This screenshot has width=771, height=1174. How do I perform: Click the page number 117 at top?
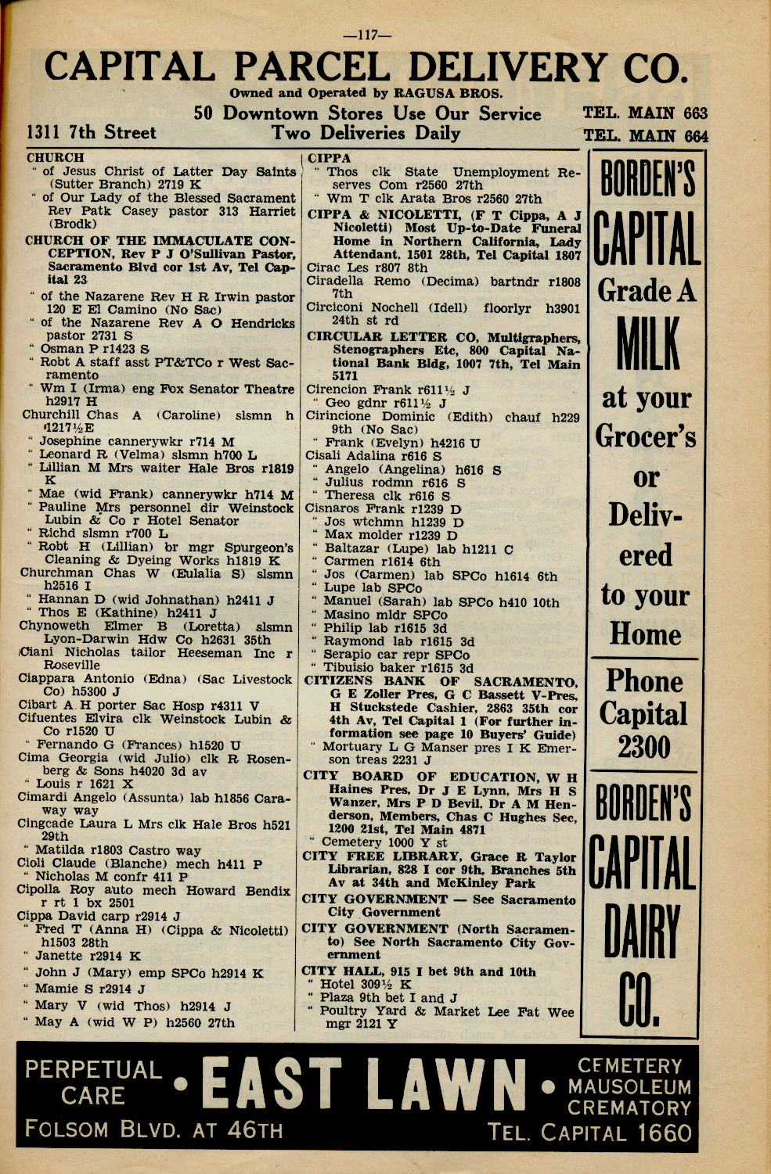point(367,34)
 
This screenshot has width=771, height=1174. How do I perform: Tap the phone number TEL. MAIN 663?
point(645,113)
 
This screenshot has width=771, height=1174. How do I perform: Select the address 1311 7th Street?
point(91,132)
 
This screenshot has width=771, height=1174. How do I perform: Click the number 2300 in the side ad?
point(643,747)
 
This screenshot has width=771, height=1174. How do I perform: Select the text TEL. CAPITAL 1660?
point(589,1133)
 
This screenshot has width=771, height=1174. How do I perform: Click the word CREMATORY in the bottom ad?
point(629,1108)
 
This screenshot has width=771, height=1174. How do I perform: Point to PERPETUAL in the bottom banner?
point(93,1069)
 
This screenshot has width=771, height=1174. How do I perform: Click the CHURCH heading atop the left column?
point(55,158)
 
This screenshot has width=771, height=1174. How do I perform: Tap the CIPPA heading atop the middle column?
point(329,158)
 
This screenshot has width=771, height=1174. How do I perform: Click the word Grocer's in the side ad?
point(646,436)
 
